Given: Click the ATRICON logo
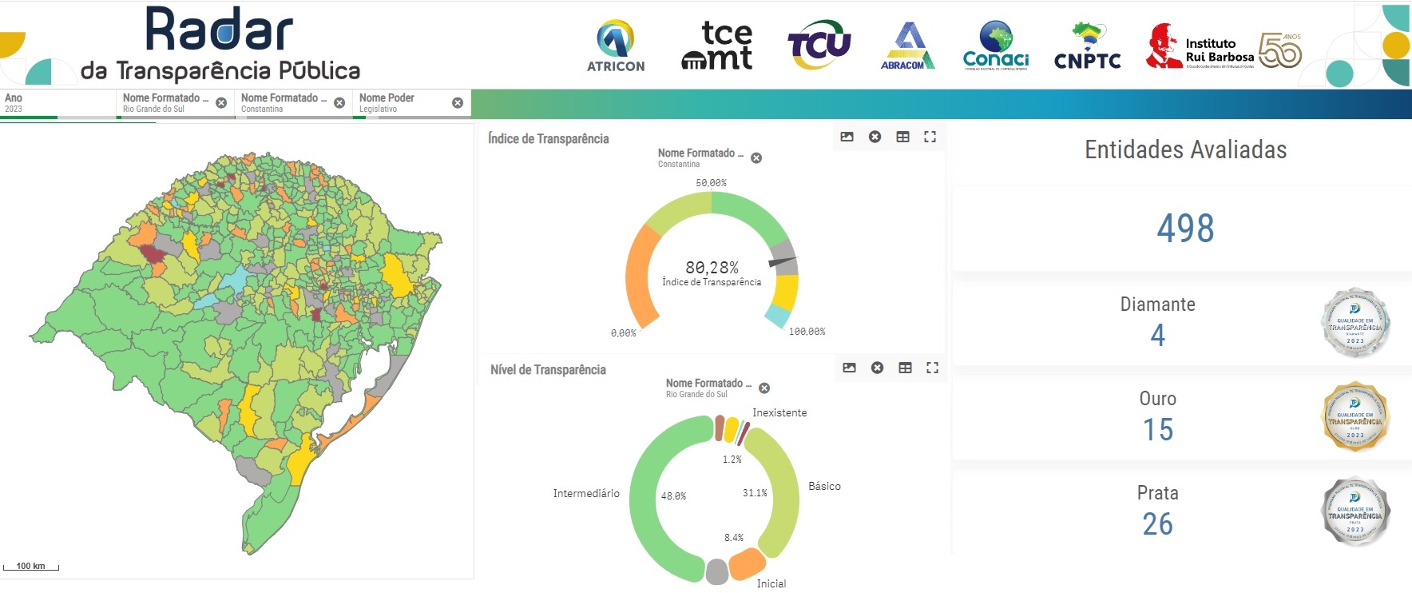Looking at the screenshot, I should pyautogui.click(x=615, y=46).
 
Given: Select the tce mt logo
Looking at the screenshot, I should pyautogui.click(x=717, y=46).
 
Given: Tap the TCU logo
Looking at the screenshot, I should pyautogui.click(x=819, y=45).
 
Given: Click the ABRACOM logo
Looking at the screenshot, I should pyautogui.click(x=908, y=46).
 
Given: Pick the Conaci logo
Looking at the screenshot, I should pyautogui.click(x=996, y=46).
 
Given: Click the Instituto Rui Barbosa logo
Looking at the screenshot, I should pyautogui.click(x=1223, y=46).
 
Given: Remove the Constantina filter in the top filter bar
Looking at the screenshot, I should pyautogui.click(x=339, y=103).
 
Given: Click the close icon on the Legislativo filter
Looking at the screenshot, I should pyautogui.click(x=458, y=103).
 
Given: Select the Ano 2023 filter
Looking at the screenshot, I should pyautogui.click(x=56, y=103).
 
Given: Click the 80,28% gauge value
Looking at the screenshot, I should pyautogui.click(x=712, y=268).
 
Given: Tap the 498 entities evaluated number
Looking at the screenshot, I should pyautogui.click(x=1185, y=229).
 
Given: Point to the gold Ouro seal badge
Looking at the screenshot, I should pyautogui.click(x=1355, y=416).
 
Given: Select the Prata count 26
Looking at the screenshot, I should pyautogui.click(x=1157, y=524).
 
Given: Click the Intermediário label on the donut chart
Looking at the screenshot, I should pyautogui.click(x=586, y=494).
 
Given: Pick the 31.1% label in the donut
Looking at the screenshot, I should pyautogui.click(x=755, y=493).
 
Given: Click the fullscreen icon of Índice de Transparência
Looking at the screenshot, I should pyautogui.click(x=930, y=137).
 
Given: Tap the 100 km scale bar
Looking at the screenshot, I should pyautogui.click(x=31, y=567).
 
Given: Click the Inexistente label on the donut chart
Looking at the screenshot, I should pyautogui.click(x=779, y=413).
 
